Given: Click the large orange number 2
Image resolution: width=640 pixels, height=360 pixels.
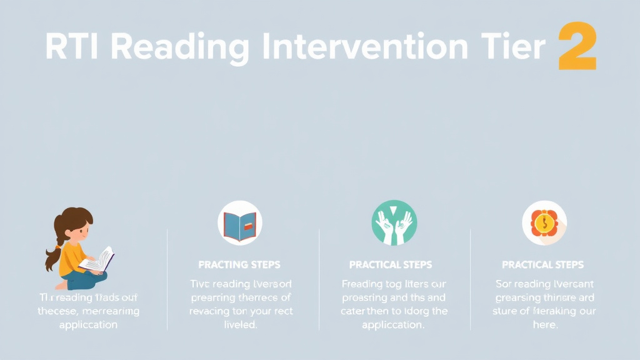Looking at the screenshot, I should (x=577, y=46).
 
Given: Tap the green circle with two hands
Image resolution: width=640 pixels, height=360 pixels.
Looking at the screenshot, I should (x=394, y=222).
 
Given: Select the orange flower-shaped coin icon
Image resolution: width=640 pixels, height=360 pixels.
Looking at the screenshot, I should (x=544, y=222).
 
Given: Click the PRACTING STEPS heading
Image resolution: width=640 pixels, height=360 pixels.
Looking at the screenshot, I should (x=239, y=264).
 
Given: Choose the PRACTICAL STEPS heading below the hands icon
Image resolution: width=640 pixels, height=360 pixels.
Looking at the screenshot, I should (x=391, y=264).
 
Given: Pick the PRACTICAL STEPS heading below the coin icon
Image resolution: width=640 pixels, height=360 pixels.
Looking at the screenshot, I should (x=542, y=264).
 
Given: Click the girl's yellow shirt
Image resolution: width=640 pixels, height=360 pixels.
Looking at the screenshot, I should (x=71, y=257).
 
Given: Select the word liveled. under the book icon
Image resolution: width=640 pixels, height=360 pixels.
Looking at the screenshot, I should (x=240, y=325).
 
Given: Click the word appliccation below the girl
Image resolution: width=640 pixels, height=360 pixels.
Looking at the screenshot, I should (x=89, y=325).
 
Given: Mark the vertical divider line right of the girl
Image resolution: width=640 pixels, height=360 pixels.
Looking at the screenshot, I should (x=167, y=279).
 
